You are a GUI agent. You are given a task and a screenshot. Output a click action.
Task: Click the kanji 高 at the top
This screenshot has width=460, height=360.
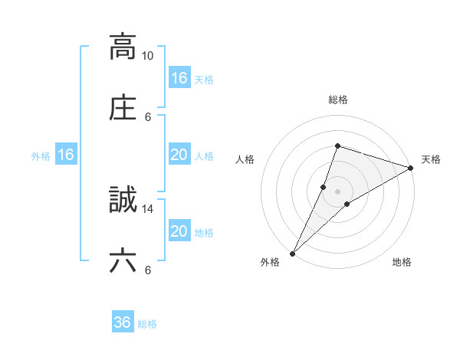click(x=123, y=47)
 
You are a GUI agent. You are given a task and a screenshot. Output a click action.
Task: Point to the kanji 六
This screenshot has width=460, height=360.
click(x=123, y=260)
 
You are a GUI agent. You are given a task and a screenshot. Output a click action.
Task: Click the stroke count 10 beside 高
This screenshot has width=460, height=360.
click(x=148, y=56)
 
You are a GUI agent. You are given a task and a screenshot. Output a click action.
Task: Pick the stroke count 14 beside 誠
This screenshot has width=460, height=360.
click(x=148, y=208)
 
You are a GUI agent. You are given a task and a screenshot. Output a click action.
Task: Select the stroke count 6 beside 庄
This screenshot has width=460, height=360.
click(x=148, y=116)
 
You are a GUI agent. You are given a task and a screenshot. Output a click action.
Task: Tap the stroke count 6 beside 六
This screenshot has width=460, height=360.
click(x=148, y=270)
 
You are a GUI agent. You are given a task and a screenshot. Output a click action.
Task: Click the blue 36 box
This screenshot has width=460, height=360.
click(x=123, y=322)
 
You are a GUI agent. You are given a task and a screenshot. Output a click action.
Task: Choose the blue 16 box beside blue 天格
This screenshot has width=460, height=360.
click(x=179, y=78)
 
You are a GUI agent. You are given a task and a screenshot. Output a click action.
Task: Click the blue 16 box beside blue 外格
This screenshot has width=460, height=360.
click(x=66, y=155)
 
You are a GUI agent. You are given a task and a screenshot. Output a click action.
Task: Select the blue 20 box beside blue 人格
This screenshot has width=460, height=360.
click(x=179, y=155)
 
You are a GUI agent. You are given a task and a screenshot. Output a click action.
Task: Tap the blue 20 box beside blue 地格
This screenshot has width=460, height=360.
click(x=179, y=231)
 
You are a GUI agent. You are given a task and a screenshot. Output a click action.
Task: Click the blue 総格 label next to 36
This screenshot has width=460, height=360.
click(x=147, y=324)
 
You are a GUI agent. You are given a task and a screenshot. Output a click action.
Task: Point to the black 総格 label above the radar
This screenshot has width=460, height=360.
click(x=338, y=100)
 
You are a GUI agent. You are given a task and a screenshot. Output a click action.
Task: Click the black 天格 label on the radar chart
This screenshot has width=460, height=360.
click(x=431, y=159)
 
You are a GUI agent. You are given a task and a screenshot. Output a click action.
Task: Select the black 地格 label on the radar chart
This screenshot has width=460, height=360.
click(x=402, y=263)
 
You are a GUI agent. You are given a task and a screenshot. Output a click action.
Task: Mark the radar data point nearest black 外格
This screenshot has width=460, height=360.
click(x=292, y=253)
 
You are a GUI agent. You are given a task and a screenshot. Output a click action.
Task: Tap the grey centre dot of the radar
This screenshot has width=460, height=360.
click(x=338, y=191)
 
